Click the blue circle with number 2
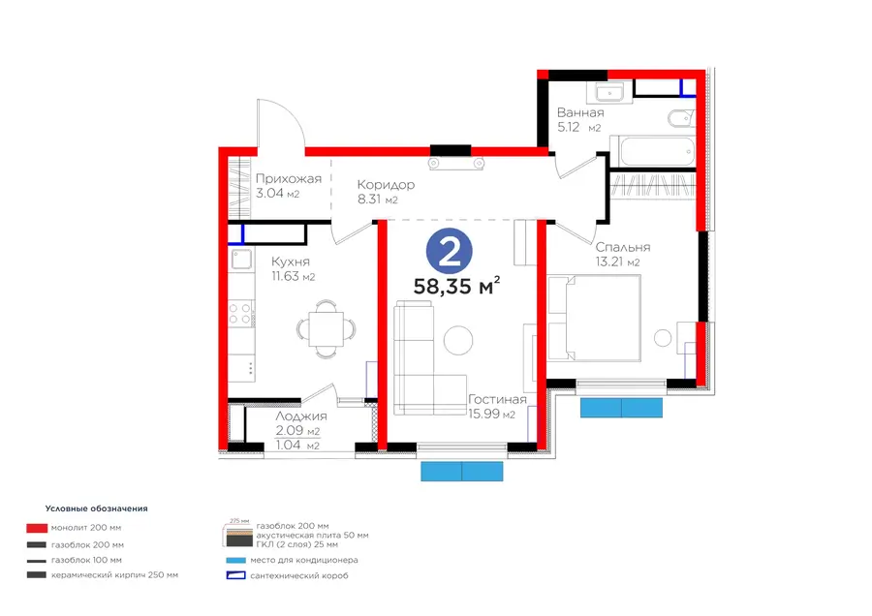pos(450,251)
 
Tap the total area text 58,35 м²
pos(456,286)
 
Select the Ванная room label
pos(580,112)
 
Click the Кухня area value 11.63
pos(285,276)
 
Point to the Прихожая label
pos(289,179)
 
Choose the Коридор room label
pos(386,185)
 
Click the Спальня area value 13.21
pos(609,262)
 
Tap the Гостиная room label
pos(497,400)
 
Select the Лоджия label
pos(301,416)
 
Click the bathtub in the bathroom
pos(653,150)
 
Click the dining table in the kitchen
pos(326,329)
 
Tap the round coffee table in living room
pos(458,340)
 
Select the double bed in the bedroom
pos(595,319)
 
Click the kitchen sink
pos(241,260)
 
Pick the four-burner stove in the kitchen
pos(241,314)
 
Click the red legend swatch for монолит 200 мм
pos(37,528)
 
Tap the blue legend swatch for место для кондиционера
pos(235,561)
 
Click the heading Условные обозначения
pos(96,508)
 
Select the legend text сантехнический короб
pos(299,576)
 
